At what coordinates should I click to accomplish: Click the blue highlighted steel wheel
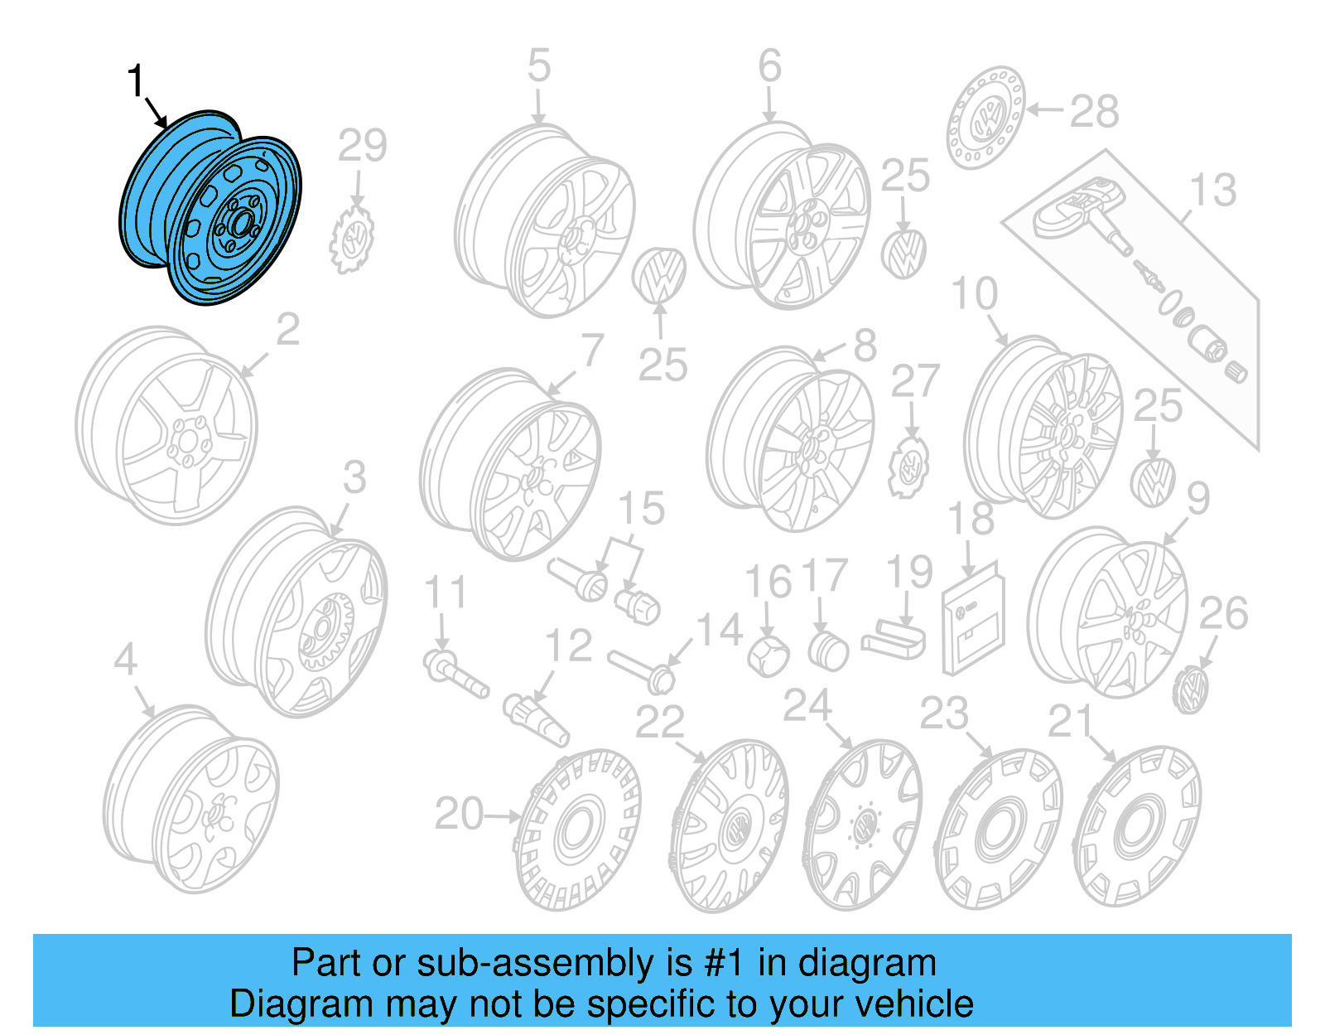[211, 207]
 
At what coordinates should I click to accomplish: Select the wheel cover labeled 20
[577, 829]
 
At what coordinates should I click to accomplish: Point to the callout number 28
[1094, 112]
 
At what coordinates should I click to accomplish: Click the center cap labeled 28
[985, 118]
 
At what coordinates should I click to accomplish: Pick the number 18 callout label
[971, 519]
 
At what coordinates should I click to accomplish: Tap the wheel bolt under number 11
[455, 674]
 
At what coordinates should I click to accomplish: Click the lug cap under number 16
[768, 656]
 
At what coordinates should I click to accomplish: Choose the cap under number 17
[827, 651]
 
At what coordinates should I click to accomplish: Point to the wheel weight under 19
[894, 641]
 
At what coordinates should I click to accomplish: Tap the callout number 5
[538, 66]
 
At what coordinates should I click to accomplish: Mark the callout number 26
[1223, 614]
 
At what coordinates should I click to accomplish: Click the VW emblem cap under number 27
[909, 468]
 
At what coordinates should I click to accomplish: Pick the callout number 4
[125, 660]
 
